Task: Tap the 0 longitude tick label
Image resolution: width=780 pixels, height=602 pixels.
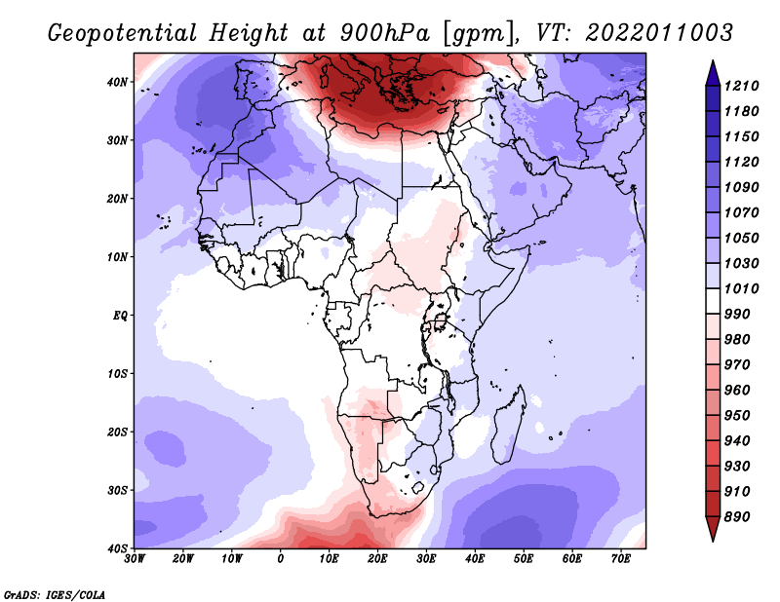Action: [x=281, y=559]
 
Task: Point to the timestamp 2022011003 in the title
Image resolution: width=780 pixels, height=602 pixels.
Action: [x=659, y=32]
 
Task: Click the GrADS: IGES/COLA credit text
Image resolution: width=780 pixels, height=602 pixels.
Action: [x=55, y=593]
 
